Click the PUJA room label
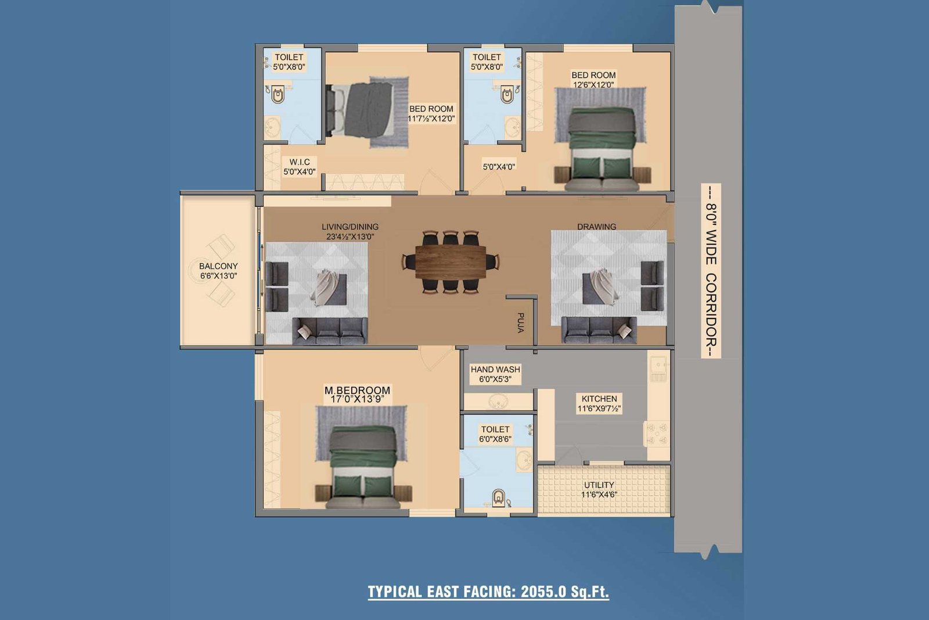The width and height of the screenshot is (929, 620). [521, 323]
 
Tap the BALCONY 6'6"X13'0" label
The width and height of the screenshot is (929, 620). [218, 271]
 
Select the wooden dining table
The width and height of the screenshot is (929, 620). [451, 262]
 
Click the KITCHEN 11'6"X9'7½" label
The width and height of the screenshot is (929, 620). [599, 403]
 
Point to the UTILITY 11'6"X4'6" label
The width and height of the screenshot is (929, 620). [599, 490]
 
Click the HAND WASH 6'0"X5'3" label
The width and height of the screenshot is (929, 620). [495, 374]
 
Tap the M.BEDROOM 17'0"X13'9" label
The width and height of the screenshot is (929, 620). [357, 394]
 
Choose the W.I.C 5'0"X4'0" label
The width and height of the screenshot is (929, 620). [300, 166]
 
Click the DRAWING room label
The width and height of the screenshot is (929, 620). [596, 227]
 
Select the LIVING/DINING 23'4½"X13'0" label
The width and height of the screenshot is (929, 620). [350, 232]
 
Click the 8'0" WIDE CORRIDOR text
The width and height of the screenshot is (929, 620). [711, 271]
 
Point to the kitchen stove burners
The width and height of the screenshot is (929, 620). [657, 433]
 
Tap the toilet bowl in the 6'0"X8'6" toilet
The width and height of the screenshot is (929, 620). [498, 497]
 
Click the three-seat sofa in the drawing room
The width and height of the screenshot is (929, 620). [599, 330]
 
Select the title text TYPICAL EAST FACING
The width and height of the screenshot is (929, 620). [442, 592]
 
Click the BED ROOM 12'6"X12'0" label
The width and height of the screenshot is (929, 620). [593, 80]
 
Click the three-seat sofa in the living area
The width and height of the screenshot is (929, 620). [330, 331]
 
